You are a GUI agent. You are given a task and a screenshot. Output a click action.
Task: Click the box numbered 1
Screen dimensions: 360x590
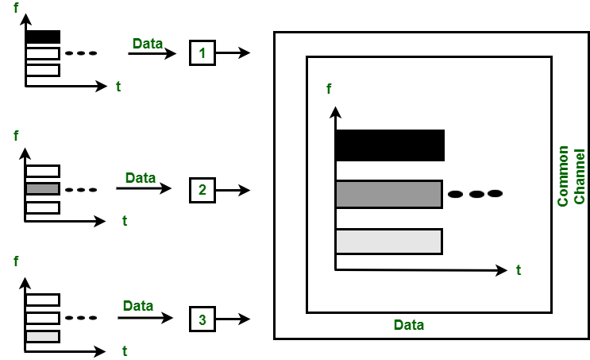pyautogui.click(x=202, y=53)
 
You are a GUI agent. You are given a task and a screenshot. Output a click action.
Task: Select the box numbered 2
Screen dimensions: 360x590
pyautogui.click(x=202, y=190)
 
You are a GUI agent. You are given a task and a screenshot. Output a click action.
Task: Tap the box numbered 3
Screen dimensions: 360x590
pyautogui.click(x=202, y=320)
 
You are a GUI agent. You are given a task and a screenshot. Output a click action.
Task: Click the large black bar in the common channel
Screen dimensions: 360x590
pyautogui.click(x=389, y=145)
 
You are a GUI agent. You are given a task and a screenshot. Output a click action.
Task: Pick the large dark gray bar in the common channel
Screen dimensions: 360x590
pyautogui.click(x=388, y=194)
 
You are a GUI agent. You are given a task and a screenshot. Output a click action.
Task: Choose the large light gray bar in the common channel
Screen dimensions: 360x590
pyautogui.click(x=388, y=241)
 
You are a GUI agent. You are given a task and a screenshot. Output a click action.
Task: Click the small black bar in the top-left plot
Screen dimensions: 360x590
pyautogui.click(x=43, y=37)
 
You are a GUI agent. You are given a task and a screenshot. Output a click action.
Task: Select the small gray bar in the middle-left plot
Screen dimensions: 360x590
pyautogui.click(x=43, y=189)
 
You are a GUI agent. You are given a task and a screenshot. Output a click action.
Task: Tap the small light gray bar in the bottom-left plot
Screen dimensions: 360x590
pyautogui.click(x=43, y=336)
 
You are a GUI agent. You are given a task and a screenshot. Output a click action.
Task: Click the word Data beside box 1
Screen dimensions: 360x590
pyautogui.click(x=148, y=43)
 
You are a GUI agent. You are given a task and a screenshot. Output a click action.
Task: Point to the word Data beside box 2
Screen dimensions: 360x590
pyautogui.click(x=141, y=177)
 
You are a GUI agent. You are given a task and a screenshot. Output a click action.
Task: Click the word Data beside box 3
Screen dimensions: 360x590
pyautogui.click(x=138, y=305)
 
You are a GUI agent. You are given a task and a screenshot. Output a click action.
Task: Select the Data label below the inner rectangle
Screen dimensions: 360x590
pyautogui.click(x=409, y=325)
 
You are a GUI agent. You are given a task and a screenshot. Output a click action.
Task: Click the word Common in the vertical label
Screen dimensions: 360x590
pyautogui.click(x=563, y=176)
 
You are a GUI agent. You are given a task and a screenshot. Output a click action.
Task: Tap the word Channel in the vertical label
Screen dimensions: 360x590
pyautogui.click(x=580, y=176)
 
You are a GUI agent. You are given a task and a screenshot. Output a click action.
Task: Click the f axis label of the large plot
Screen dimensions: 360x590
pyautogui.click(x=329, y=89)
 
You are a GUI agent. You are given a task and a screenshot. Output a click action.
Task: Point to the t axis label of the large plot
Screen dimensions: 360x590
pyautogui.click(x=519, y=270)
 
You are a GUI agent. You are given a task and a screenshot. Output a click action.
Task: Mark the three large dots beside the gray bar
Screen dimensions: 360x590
pyautogui.click(x=475, y=193)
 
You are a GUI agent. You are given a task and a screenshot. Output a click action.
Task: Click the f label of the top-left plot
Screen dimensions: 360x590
pyautogui.click(x=17, y=10)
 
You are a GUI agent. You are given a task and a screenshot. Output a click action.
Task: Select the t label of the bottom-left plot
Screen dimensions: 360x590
pyautogui.click(x=125, y=349)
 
